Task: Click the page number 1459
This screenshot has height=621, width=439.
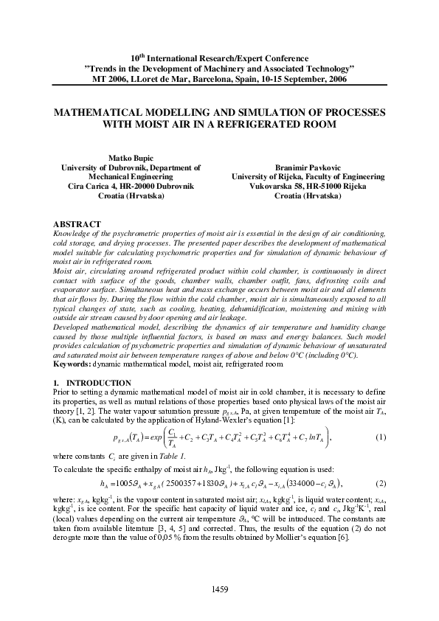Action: [x=219, y=589]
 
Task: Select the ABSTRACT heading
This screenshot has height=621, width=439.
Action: [x=77, y=223]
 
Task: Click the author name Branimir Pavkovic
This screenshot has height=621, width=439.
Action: [x=307, y=167]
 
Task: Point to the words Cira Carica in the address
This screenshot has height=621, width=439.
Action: [x=86, y=187]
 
